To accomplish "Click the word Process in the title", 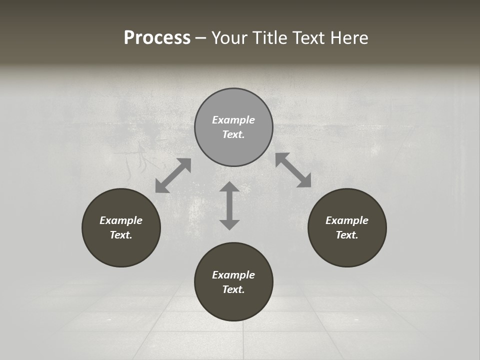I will (157, 38).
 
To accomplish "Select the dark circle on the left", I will (121, 250).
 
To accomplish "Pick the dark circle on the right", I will (347, 250).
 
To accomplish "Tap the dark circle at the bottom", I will (233, 305).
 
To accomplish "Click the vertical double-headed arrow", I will (229, 205).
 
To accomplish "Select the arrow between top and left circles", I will (173, 175).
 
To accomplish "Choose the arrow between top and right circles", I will (293, 170).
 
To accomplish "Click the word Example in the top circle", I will (233, 120).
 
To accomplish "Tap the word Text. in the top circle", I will (233, 134).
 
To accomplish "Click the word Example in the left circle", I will (121, 220).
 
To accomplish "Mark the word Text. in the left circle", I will (121, 235).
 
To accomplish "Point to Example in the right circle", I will (347, 220).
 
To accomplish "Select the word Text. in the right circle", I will (347, 235).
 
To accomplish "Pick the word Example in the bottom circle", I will (233, 275).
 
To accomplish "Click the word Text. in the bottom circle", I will (233, 289).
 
